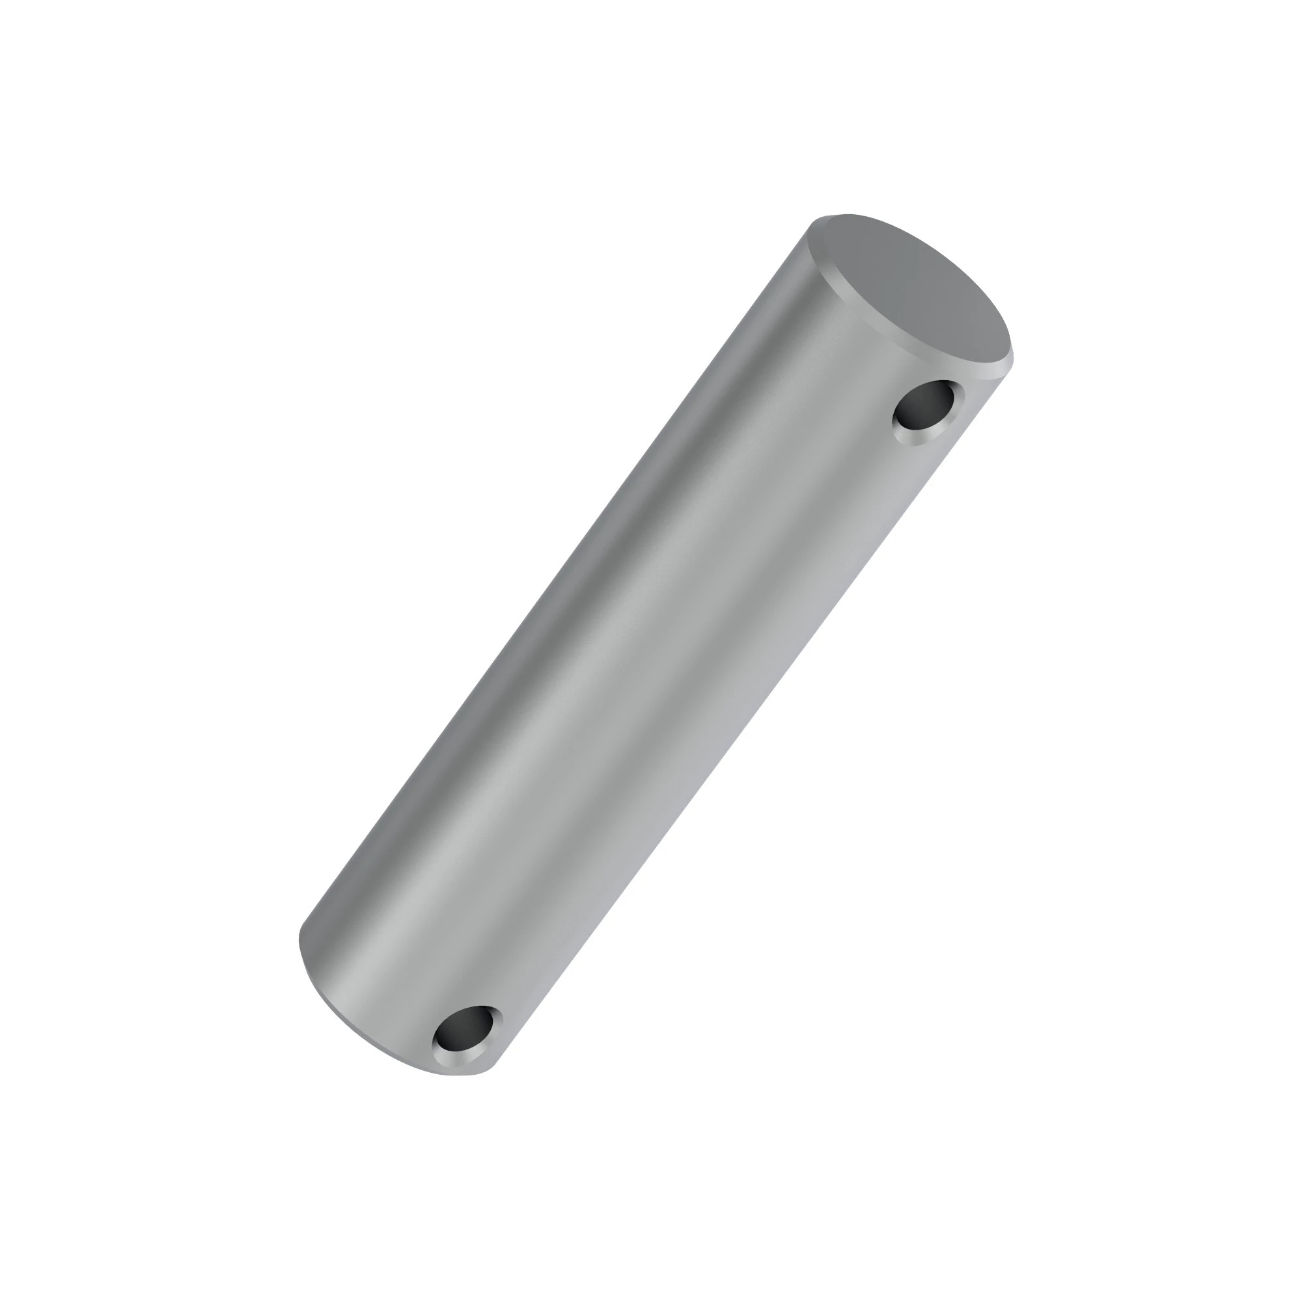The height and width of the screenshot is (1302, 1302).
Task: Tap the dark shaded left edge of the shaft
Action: point(539,607)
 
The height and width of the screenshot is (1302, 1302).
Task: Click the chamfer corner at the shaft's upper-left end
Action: point(809,229)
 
